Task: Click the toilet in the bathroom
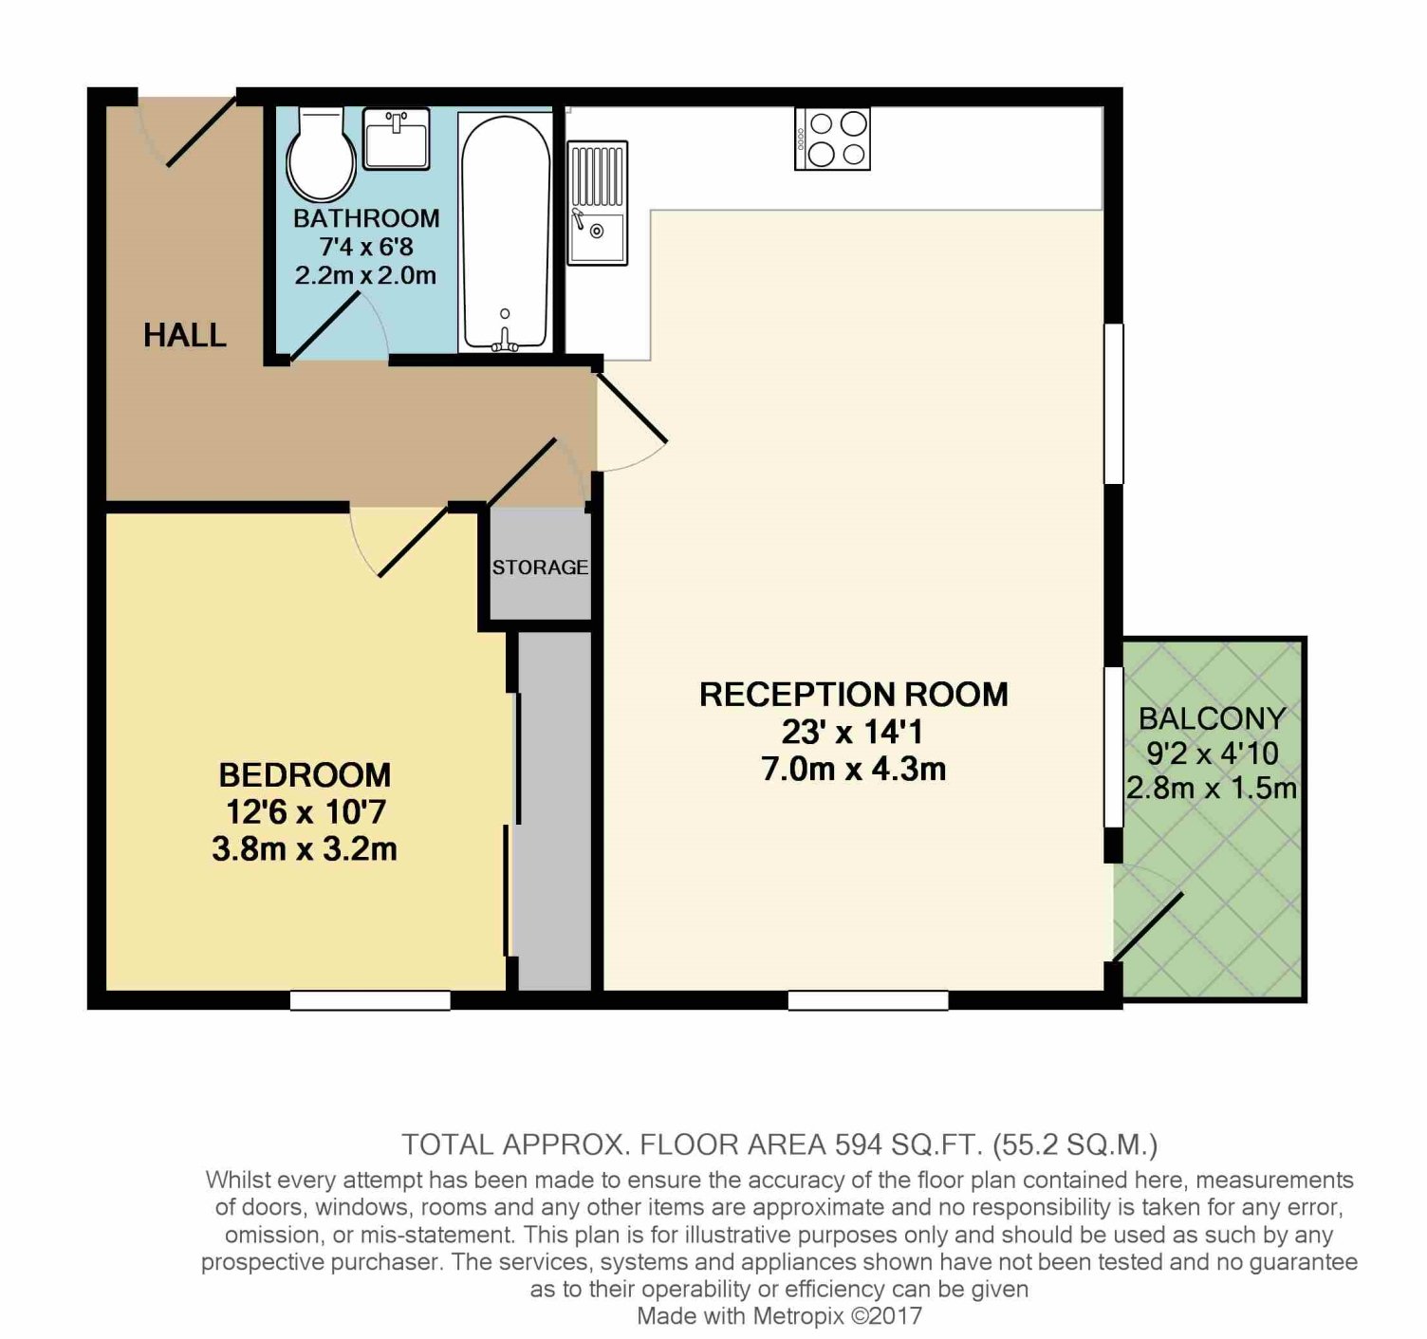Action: (x=322, y=154)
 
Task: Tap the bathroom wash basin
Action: (x=396, y=139)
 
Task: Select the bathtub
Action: (x=505, y=232)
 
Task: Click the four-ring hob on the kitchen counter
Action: (x=833, y=139)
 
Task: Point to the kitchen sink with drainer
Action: (x=597, y=202)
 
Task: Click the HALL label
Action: (x=185, y=335)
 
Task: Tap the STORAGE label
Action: (x=540, y=567)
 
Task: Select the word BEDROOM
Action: (x=305, y=774)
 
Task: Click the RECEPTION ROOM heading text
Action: (x=854, y=695)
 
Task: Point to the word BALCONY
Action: (x=1213, y=718)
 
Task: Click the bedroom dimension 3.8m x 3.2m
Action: (x=305, y=848)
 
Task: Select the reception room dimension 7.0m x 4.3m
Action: (x=854, y=769)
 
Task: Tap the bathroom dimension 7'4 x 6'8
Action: (x=366, y=247)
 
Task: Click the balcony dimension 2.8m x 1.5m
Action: (x=1212, y=789)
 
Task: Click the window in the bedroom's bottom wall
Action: (x=370, y=1000)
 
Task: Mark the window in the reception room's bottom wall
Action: (x=868, y=1000)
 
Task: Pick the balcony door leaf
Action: (x=1147, y=927)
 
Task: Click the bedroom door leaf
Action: (x=413, y=541)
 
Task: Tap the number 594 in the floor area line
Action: (x=858, y=1144)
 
